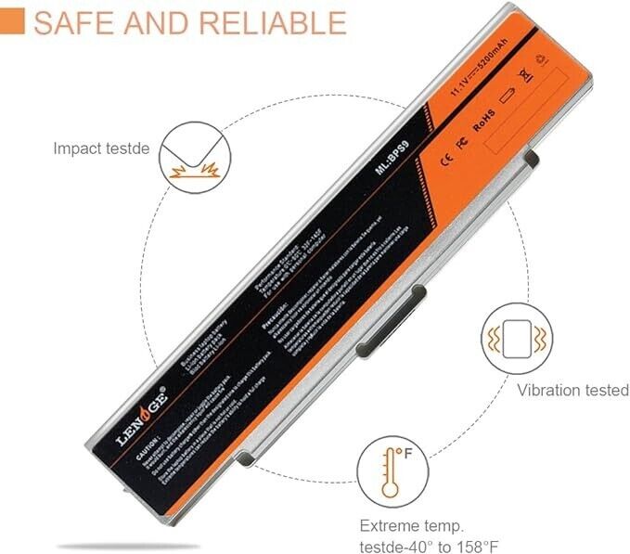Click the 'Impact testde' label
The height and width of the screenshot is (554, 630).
point(100,148)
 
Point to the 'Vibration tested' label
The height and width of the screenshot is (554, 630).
point(572,391)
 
